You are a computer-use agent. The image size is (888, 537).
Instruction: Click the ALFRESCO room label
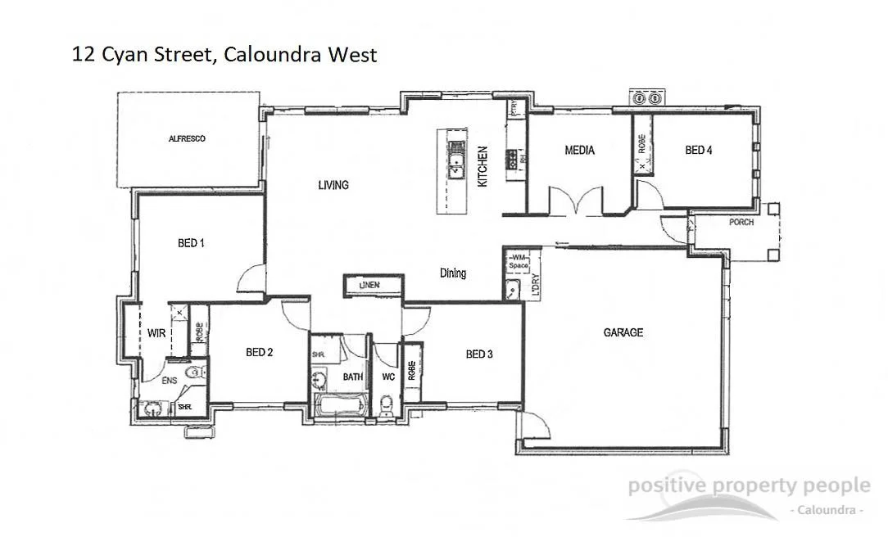[x=187, y=139]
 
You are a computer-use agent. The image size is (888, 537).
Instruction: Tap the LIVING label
[x=333, y=185]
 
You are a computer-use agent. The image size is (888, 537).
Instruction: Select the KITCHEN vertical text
[x=483, y=167]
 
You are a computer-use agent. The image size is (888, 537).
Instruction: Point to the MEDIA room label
[x=579, y=151]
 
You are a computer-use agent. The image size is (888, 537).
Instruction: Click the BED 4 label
[x=698, y=150]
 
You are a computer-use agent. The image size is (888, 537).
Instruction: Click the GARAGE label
[x=623, y=332]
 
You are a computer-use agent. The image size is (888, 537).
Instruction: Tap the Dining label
[x=453, y=273]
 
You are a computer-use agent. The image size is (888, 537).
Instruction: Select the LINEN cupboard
[x=373, y=285]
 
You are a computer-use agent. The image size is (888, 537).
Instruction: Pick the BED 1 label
[x=191, y=243]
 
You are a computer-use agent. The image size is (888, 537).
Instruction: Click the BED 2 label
[x=259, y=353]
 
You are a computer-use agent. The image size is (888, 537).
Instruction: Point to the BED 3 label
[x=479, y=354]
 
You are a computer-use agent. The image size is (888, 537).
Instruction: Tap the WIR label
[x=156, y=333]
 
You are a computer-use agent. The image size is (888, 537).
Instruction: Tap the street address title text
[x=224, y=55]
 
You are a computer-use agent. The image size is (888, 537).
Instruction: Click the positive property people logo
[x=747, y=495]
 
